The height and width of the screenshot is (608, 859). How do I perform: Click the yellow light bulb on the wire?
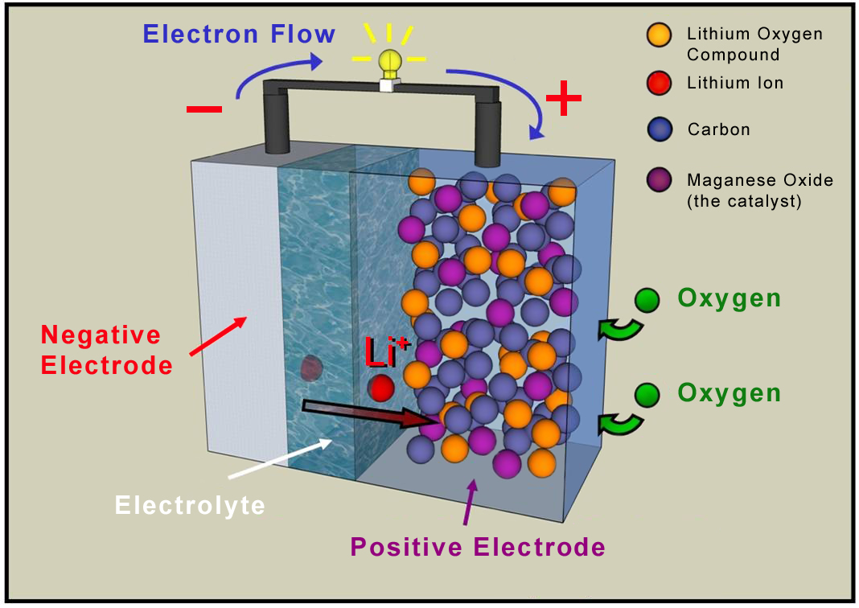(x=389, y=61)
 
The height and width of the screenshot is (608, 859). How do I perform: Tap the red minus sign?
(x=204, y=109)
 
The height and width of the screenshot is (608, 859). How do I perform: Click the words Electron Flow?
(x=239, y=35)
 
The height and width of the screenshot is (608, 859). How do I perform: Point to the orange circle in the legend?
(x=659, y=35)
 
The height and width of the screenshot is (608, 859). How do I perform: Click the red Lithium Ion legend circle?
(x=659, y=83)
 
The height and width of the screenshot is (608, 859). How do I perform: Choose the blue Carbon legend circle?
(x=659, y=129)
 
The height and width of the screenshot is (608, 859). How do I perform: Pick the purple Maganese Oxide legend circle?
(x=659, y=181)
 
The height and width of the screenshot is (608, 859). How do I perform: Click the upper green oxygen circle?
(x=646, y=299)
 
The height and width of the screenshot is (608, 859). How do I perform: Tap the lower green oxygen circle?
(x=646, y=394)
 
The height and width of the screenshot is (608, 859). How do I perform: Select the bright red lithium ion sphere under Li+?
(x=381, y=388)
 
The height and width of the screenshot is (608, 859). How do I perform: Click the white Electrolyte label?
(x=190, y=505)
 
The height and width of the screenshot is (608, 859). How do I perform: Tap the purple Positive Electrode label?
(x=478, y=548)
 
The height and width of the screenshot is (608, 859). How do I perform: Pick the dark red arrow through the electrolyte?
(x=370, y=413)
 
